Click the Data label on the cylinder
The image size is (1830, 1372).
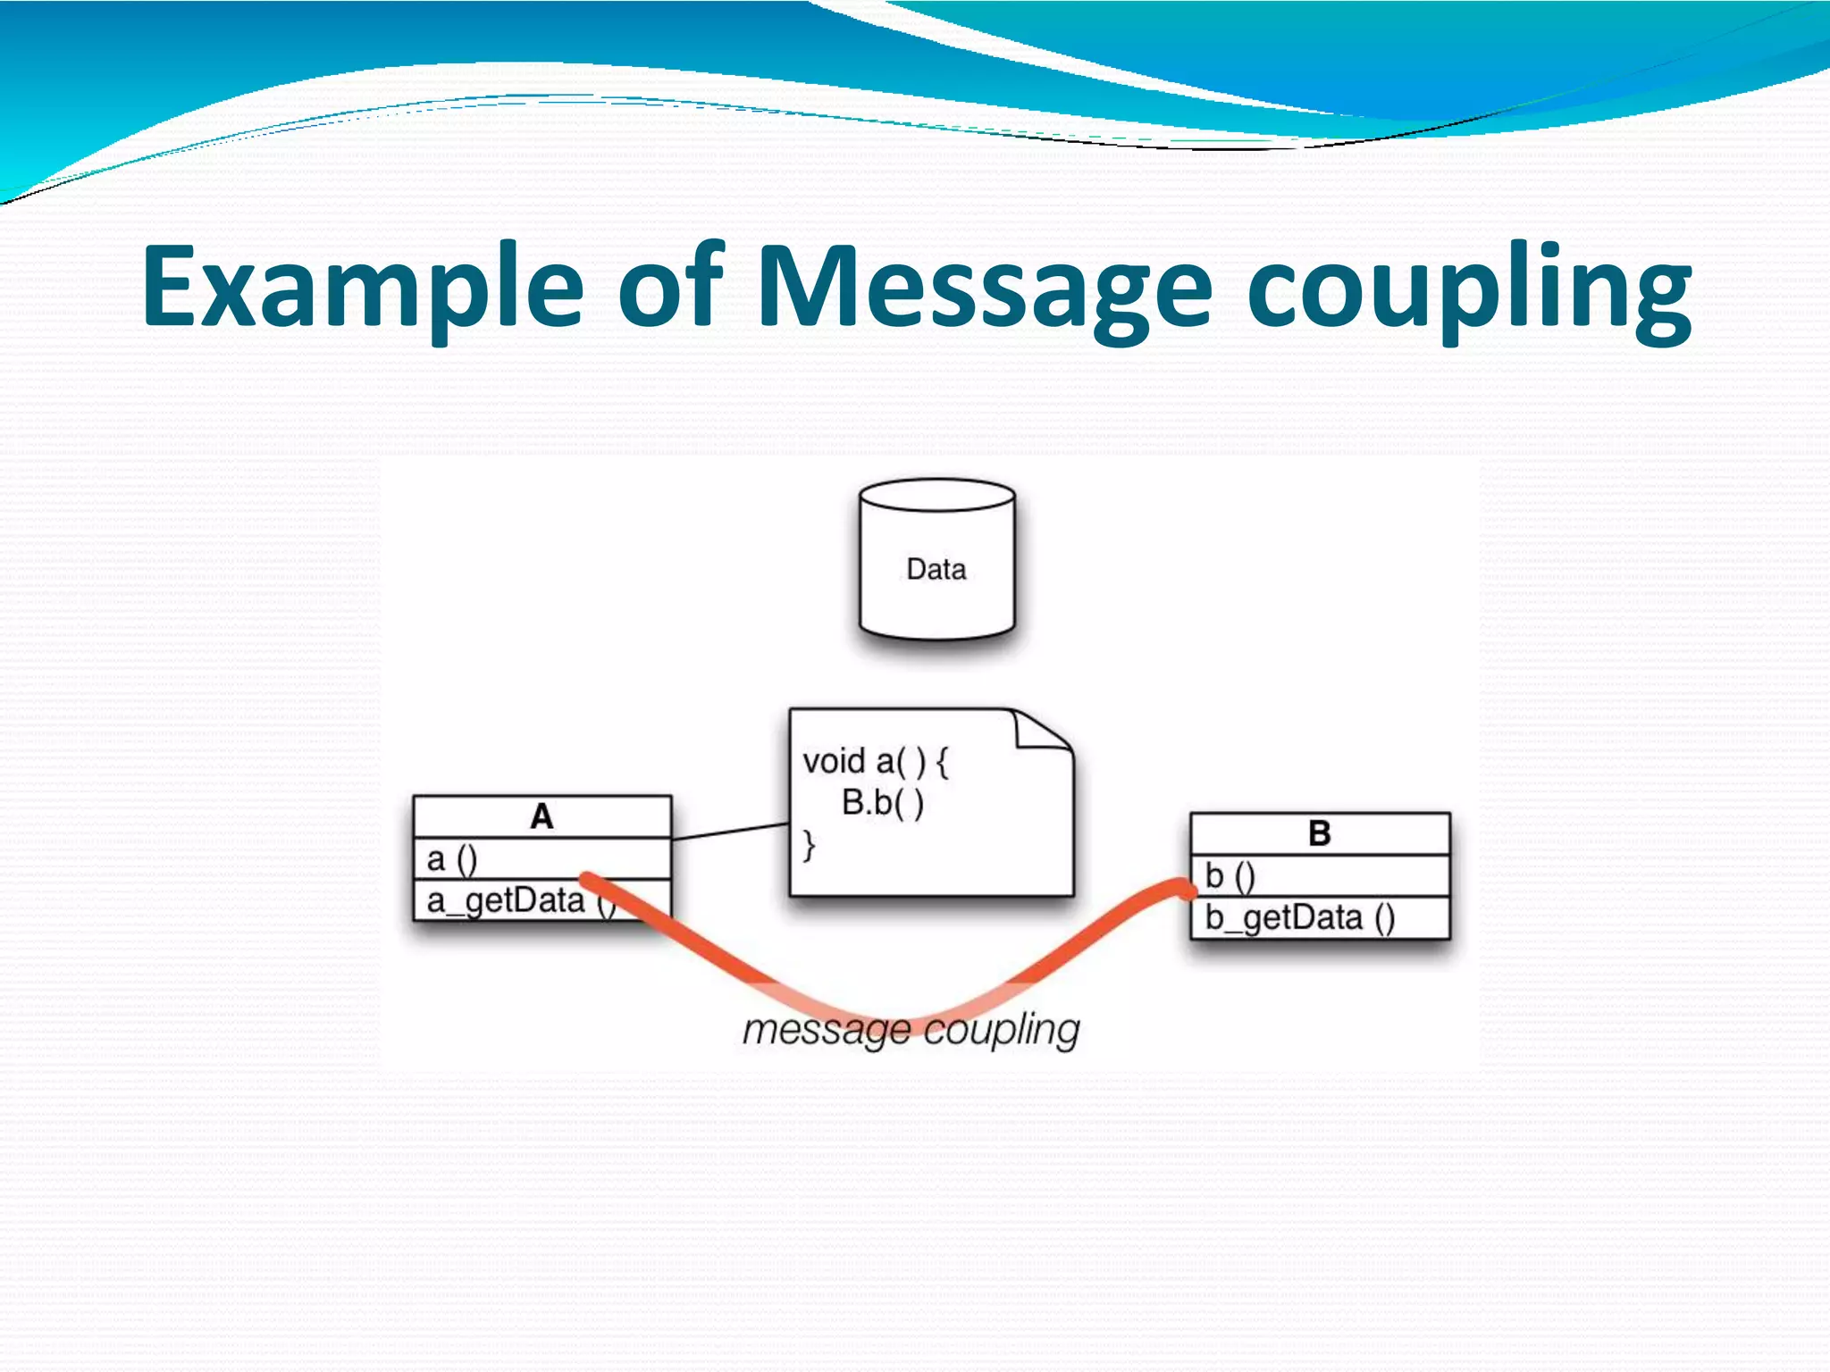pyautogui.click(x=936, y=569)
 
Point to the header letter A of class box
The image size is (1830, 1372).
pyautogui.click(x=541, y=816)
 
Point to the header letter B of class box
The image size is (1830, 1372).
pyautogui.click(x=1319, y=833)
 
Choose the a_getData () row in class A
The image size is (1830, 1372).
pyautogui.click(x=518, y=900)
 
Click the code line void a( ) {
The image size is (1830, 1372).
pyautogui.click(x=875, y=762)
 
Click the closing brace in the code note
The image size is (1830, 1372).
pyautogui.click(x=809, y=844)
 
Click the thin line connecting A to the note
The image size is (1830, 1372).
pyautogui.click(x=729, y=832)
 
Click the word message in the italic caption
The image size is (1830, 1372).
pyautogui.click(x=827, y=1030)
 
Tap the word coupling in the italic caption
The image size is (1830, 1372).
pyautogui.click(x=1002, y=1030)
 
